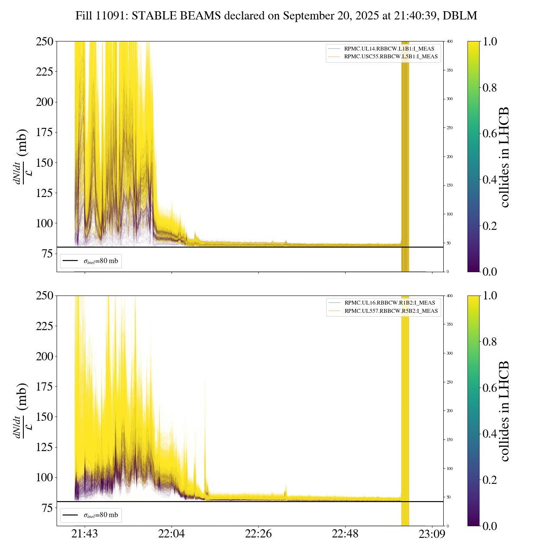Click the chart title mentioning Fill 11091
[276, 16]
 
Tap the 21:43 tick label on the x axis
[85, 534]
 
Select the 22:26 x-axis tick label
[258, 534]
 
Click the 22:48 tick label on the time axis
[345, 534]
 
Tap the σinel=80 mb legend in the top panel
[91, 261]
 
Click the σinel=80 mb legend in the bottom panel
[91, 515]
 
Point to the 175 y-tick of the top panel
[44, 133]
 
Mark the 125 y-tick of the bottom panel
[44, 448]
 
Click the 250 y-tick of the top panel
[44, 42]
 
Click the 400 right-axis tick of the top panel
[450, 41]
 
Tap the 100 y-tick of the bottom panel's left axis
[44, 478]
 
